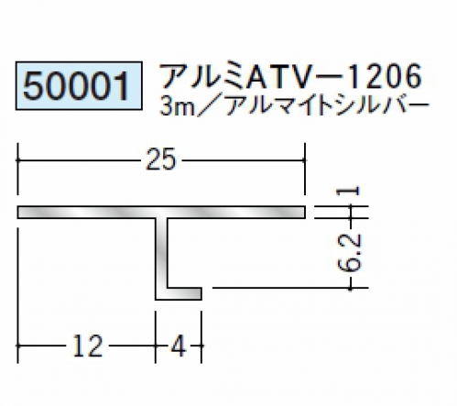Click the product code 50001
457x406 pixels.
[x=76, y=86]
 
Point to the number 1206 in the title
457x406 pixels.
[x=383, y=76]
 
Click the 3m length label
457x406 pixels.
[x=178, y=107]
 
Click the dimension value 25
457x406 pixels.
[x=161, y=159]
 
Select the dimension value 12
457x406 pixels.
[x=88, y=346]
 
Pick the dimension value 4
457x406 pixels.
[x=179, y=346]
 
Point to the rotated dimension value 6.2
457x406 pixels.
[x=350, y=252]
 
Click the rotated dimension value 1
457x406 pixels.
[x=348, y=191]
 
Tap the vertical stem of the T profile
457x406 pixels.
[x=161, y=254]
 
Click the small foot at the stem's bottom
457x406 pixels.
[x=184, y=293]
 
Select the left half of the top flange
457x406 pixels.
[x=86, y=213]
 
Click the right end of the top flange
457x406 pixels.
[x=305, y=213]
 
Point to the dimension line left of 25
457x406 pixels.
[x=78, y=159]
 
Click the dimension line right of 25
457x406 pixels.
[x=244, y=159]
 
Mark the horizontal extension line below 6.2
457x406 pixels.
[x=290, y=288]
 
